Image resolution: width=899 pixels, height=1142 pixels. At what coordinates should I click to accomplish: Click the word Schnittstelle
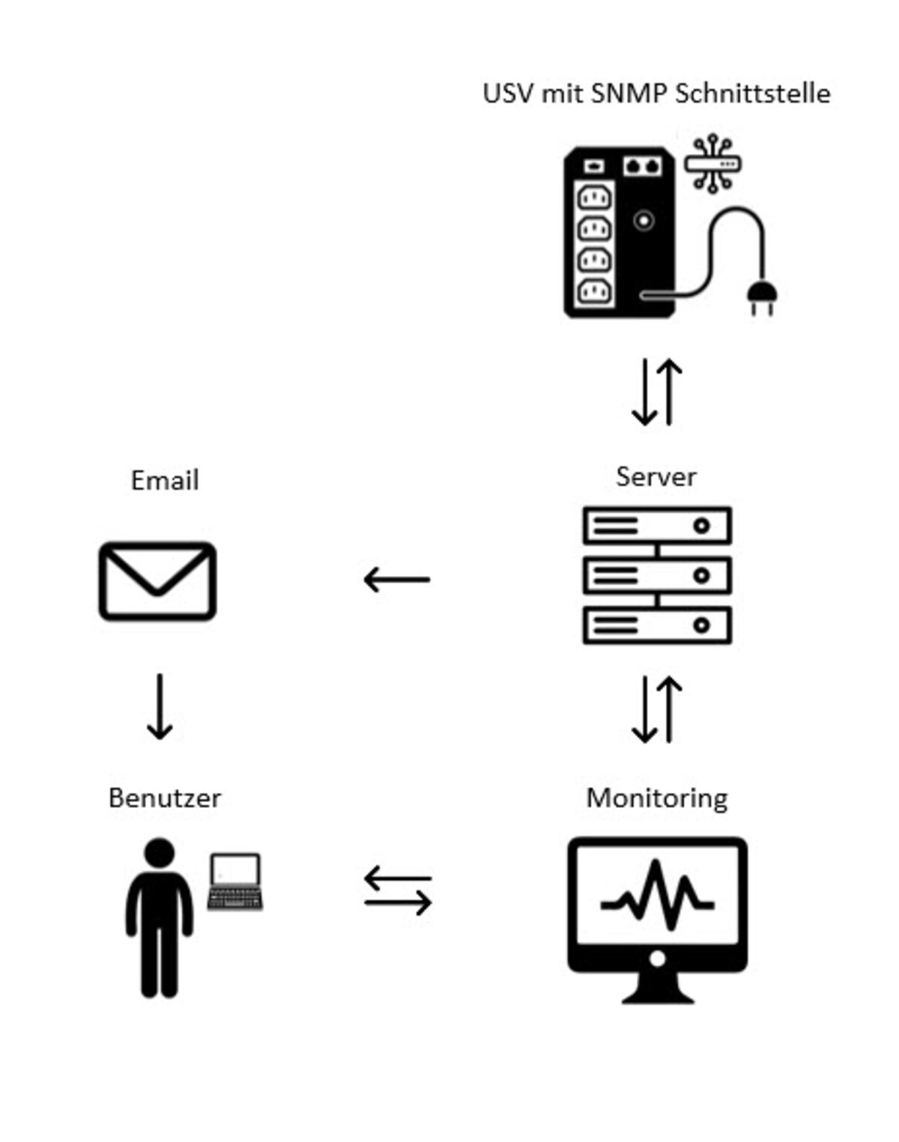point(752,94)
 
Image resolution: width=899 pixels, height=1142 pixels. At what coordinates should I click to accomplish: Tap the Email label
point(165,480)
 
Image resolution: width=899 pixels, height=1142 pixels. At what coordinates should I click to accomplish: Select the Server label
point(656,476)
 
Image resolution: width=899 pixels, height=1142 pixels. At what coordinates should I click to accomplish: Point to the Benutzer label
point(165,798)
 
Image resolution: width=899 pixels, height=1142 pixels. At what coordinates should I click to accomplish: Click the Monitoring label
point(657,798)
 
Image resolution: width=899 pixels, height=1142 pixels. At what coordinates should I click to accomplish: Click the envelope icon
point(157,581)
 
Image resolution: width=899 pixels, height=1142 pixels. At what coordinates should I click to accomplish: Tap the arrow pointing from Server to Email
point(396,579)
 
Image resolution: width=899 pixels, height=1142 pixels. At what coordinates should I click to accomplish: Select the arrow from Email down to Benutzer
point(160,706)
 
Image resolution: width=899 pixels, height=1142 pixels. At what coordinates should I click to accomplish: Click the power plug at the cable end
point(762,297)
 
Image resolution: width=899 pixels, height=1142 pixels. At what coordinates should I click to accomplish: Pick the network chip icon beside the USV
point(712,163)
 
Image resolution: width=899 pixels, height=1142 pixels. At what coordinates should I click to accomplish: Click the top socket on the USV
point(594,198)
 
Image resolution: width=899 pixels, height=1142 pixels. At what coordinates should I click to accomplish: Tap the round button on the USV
point(644,220)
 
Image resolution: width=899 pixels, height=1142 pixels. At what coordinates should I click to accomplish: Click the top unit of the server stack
point(657,525)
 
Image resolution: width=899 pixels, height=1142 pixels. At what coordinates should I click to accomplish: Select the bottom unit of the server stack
point(657,625)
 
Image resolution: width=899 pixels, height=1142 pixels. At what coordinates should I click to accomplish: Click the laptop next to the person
point(235,881)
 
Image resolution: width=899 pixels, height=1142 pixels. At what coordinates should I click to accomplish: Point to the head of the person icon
point(160,853)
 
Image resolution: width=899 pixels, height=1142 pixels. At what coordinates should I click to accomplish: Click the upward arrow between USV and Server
point(670,392)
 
